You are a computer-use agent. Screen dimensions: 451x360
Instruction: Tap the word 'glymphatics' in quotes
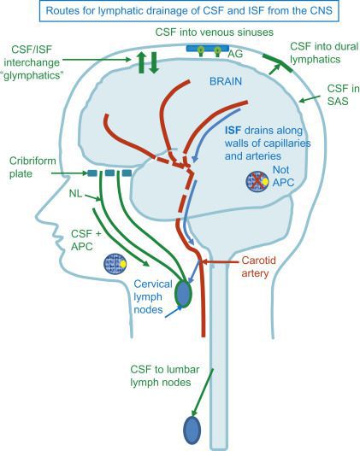pyautogui.click(x=40, y=75)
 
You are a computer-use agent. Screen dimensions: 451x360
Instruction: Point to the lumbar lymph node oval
pyautogui.click(x=192, y=430)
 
